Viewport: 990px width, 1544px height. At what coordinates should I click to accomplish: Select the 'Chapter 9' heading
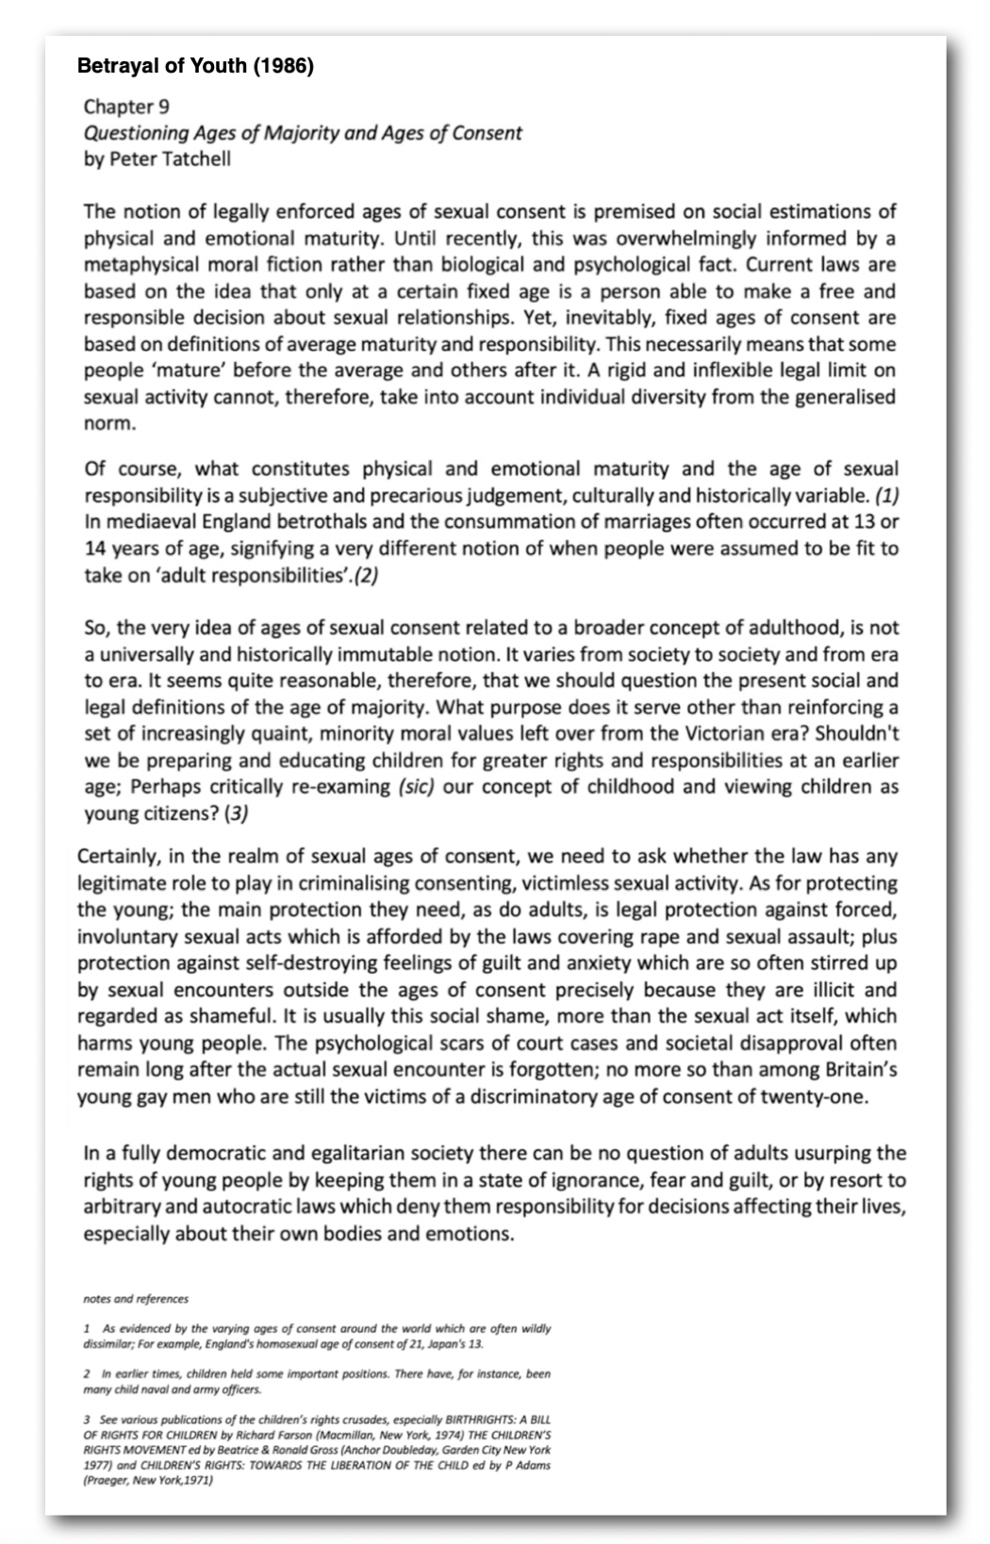126,107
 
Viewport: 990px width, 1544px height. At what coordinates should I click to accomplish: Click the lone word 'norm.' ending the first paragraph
109,423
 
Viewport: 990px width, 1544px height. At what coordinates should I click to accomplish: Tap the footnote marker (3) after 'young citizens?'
236,813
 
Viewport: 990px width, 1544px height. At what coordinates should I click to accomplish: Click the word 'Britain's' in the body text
860,1070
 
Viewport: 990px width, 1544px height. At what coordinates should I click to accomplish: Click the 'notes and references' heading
136,1299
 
